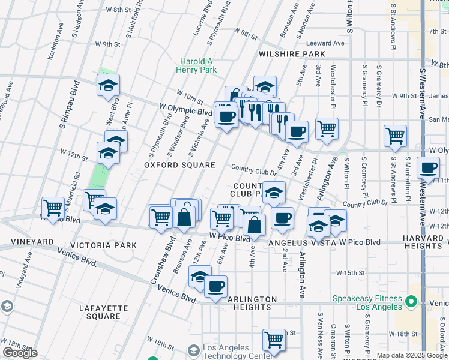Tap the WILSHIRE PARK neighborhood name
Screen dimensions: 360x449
(x=292, y=54)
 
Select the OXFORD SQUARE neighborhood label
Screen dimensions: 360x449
(x=179, y=164)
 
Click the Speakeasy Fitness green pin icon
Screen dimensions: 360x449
(x=411, y=301)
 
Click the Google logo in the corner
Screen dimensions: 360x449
(x=20, y=353)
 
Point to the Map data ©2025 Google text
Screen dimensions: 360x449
(x=412, y=355)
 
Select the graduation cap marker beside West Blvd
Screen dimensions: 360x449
(x=109, y=86)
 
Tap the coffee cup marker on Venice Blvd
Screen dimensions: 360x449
(x=215, y=286)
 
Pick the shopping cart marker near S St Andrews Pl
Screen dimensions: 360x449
(x=396, y=136)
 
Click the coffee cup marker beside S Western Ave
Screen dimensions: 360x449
(x=428, y=168)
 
